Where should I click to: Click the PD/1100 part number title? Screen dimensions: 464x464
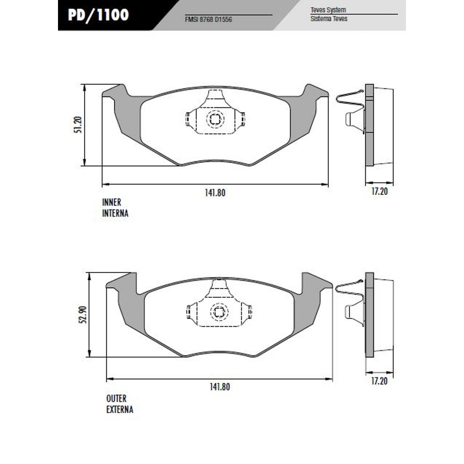98,15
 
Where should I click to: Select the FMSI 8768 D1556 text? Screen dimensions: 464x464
208,19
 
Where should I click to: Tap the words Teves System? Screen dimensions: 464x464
328,10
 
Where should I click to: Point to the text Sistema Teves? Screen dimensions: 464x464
329,19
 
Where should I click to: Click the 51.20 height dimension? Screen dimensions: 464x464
77,125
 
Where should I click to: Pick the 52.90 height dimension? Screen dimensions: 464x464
83,314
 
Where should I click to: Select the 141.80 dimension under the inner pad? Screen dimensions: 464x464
215,193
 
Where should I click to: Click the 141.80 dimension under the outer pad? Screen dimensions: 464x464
220,387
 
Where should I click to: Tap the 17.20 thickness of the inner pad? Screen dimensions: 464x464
379,192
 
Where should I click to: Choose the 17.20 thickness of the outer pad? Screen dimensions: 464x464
379,381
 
